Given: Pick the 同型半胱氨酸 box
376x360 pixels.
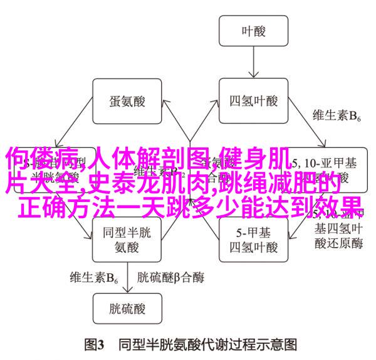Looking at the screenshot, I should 123,238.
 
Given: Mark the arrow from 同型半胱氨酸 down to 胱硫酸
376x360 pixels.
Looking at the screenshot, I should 123,275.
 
